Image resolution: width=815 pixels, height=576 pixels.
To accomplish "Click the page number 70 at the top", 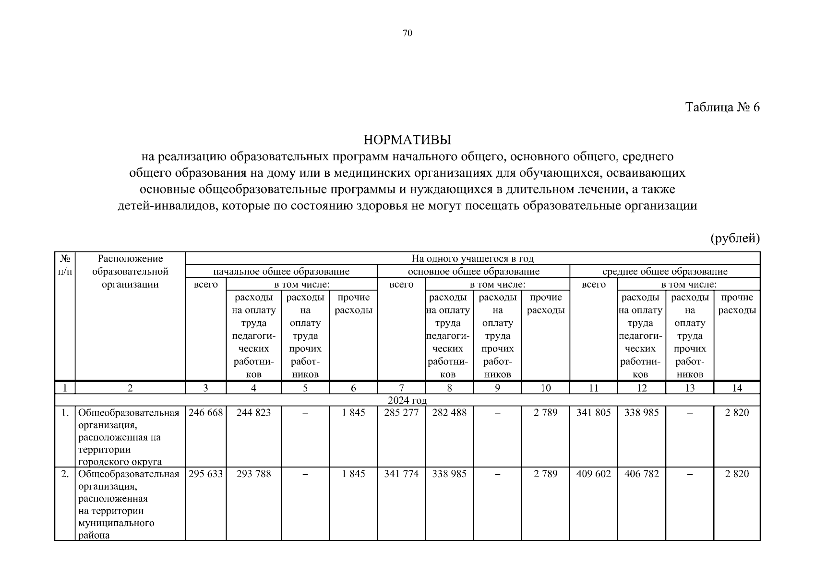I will pyautogui.click(x=407, y=33).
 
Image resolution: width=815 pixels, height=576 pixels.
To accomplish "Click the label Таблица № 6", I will pyautogui.click(x=722, y=107).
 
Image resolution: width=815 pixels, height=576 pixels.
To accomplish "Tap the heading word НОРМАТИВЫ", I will pyautogui.click(x=407, y=140).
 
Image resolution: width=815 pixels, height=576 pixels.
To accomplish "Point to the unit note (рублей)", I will pyautogui.click(x=735, y=238).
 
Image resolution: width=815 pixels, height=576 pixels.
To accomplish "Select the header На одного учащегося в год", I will pyautogui.click(x=472, y=259).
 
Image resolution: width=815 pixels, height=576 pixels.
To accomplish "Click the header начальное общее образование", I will pyautogui.click(x=281, y=272).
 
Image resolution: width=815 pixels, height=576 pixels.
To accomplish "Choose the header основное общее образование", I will pyautogui.click(x=473, y=272).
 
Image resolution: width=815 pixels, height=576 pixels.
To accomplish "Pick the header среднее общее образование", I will pyautogui.click(x=665, y=272).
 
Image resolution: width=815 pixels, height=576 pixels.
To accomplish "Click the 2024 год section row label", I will pyautogui.click(x=407, y=400).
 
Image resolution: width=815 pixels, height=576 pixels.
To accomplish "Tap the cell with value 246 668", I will pyautogui.click(x=206, y=412).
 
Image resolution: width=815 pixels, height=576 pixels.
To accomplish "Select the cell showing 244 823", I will pyautogui.click(x=253, y=412).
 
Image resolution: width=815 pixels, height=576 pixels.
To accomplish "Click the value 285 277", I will pyautogui.click(x=401, y=412).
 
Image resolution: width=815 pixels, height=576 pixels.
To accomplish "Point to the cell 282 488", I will pyautogui.click(x=449, y=412).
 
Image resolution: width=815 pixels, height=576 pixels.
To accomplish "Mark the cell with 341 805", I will pyautogui.click(x=593, y=412).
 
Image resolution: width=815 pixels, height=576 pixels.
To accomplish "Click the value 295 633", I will pyautogui.click(x=206, y=474).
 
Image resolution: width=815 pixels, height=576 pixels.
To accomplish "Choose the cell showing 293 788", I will pyautogui.click(x=253, y=474).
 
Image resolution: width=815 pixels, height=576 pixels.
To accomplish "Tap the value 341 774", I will pyautogui.click(x=401, y=474).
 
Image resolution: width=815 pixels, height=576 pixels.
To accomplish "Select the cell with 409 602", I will pyautogui.click(x=593, y=474).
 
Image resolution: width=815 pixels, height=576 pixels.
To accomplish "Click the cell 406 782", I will pyautogui.click(x=641, y=474).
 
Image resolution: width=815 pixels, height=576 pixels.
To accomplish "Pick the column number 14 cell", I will pyautogui.click(x=737, y=388).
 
